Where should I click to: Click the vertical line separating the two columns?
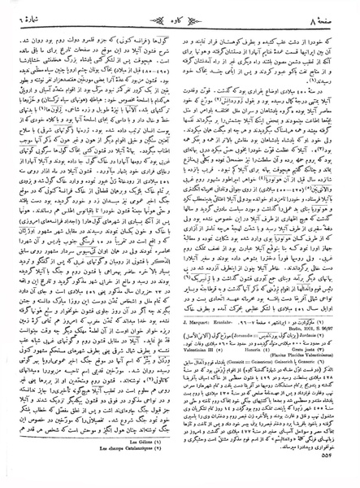180,244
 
